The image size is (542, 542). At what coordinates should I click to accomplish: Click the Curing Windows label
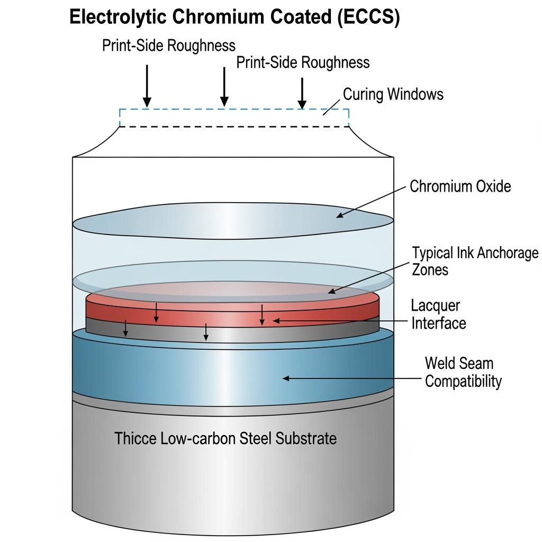393,94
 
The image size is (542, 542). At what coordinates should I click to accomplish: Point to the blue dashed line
233,110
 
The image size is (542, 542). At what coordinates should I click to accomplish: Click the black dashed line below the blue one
233,127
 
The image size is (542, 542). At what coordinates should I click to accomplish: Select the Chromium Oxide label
460,186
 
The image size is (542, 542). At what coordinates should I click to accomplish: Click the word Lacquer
436,305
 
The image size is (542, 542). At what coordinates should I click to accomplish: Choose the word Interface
439,323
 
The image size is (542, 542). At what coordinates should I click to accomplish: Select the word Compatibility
463,381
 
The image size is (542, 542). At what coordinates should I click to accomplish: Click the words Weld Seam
459,364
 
